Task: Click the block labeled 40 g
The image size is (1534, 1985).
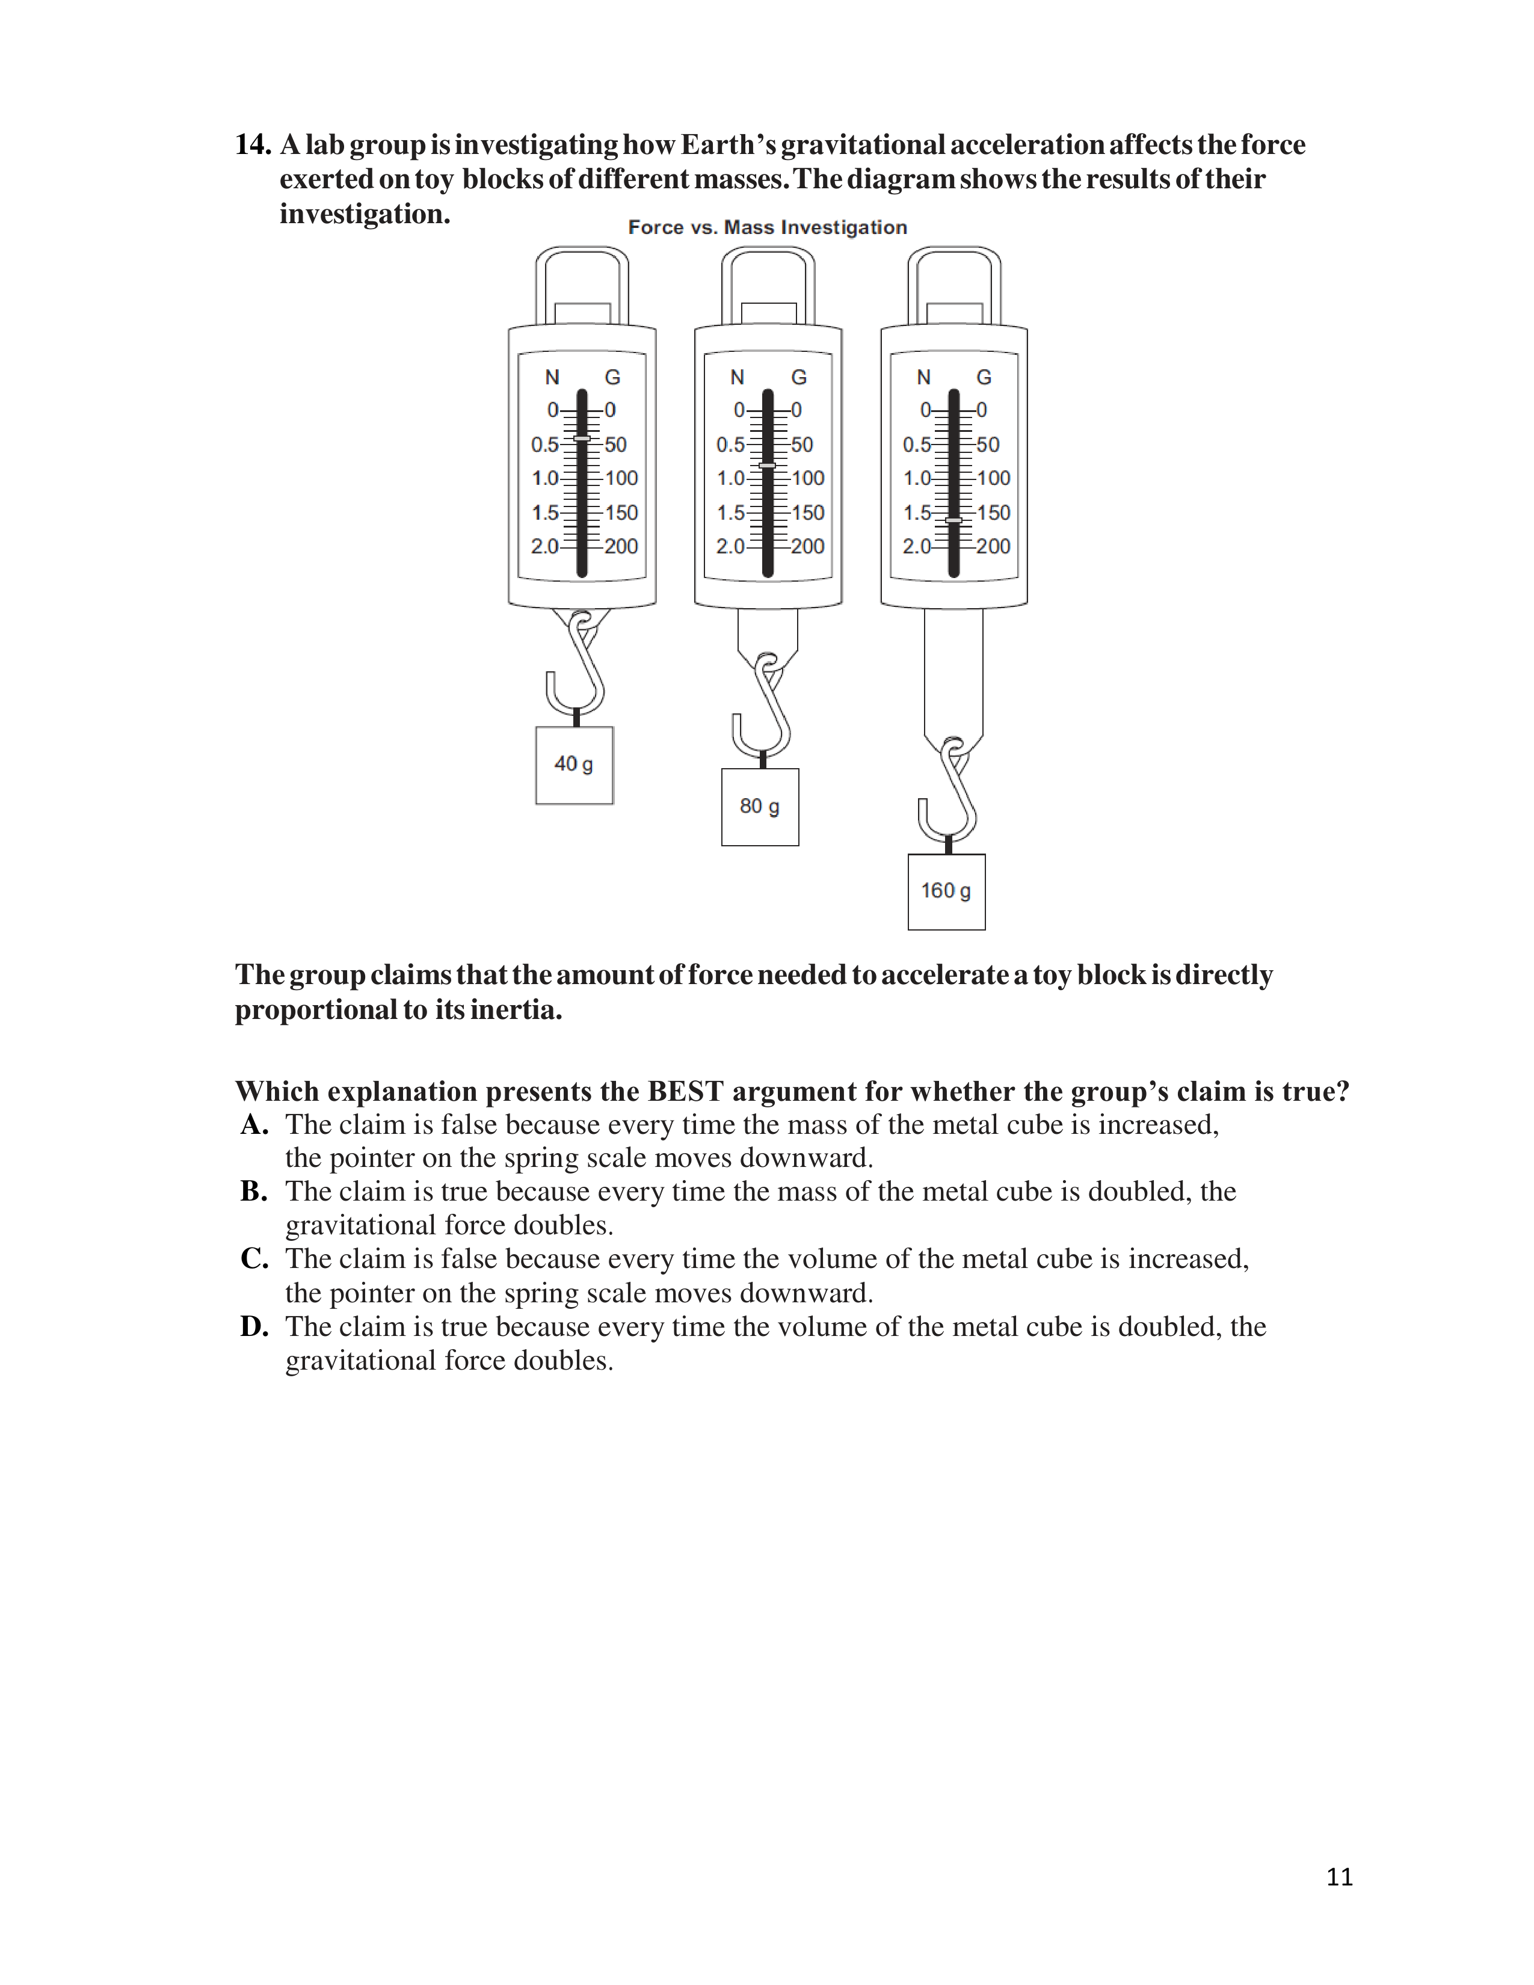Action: click(x=574, y=765)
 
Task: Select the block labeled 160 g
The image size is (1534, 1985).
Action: click(x=946, y=891)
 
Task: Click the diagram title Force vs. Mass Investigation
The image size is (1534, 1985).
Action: click(x=767, y=227)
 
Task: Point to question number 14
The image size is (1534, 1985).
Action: click(x=253, y=144)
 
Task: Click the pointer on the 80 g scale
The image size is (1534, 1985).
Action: click(x=767, y=466)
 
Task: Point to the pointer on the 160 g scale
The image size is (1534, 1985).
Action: click(x=953, y=520)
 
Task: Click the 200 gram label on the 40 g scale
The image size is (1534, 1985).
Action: click(x=621, y=546)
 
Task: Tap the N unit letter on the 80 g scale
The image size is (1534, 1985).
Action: click(x=737, y=377)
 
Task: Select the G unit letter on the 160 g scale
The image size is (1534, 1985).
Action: click(x=984, y=377)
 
